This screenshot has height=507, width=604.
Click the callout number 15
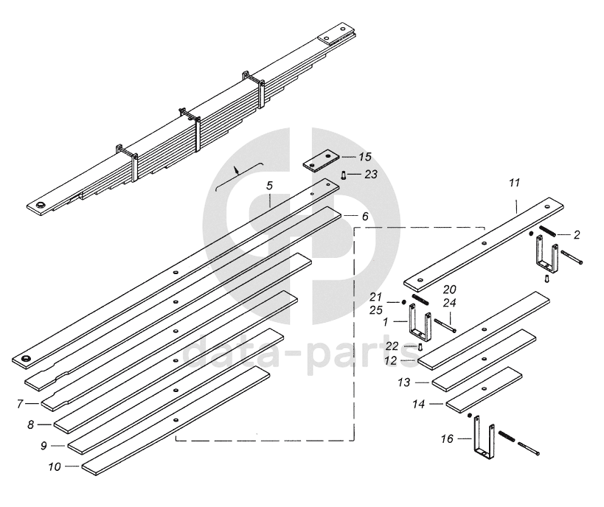[365, 157]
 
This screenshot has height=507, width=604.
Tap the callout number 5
[270, 186]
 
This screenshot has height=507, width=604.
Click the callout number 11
[516, 181]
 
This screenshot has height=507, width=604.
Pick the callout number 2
[577, 235]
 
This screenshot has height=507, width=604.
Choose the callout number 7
[22, 403]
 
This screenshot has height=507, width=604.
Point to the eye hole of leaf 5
[28, 359]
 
